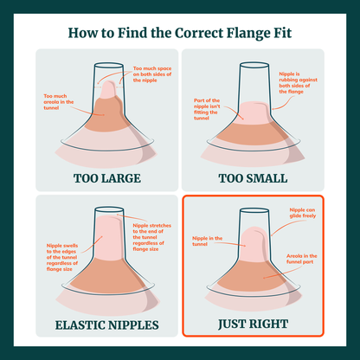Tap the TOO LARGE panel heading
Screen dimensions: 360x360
[107, 178]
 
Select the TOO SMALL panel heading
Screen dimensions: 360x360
[253, 178]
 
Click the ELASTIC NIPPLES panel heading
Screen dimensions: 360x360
[107, 325]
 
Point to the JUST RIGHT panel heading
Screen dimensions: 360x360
[253, 324]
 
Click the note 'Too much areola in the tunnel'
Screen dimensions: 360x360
[59, 102]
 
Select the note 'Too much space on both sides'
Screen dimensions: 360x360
[152, 74]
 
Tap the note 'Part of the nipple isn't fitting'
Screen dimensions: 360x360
[207, 109]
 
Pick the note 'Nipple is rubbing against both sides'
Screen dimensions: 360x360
[298, 83]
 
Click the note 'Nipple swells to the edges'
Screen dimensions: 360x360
[62, 257]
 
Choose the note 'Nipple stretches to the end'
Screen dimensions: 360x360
[152, 237]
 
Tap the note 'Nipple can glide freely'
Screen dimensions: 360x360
[303, 213]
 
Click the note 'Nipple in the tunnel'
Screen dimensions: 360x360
[207, 241]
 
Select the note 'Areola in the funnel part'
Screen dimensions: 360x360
[302, 259]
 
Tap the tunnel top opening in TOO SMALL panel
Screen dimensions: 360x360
[254, 65]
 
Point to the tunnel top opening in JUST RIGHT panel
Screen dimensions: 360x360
[254, 210]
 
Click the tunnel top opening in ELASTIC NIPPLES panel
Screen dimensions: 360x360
[109, 209]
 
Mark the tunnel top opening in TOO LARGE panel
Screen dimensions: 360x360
[109, 65]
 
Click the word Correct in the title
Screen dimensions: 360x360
[199, 33]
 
